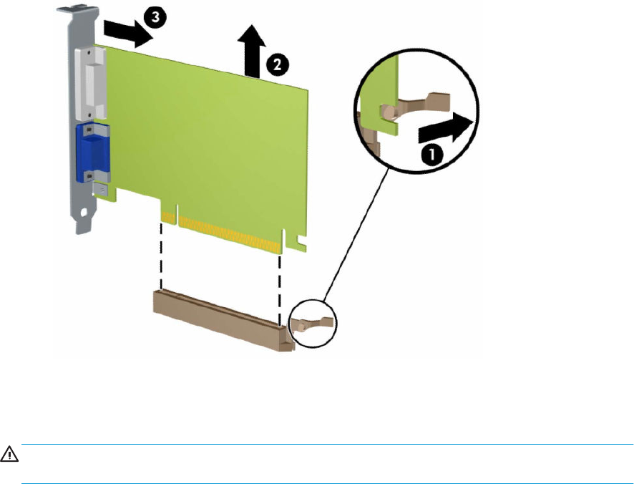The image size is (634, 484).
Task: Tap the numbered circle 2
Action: [x=278, y=64]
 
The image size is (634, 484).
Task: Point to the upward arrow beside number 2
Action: [x=251, y=50]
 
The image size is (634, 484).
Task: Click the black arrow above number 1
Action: [x=445, y=127]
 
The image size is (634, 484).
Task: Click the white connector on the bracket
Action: [x=91, y=83]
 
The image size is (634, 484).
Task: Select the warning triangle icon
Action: [x=9, y=454]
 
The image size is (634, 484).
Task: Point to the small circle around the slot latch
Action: [x=313, y=324]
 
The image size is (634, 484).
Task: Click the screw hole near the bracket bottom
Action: [x=84, y=212]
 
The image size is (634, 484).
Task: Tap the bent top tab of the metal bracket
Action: [x=77, y=10]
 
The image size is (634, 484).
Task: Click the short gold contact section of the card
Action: [x=169, y=218]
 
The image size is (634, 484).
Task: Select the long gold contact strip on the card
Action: [x=230, y=234]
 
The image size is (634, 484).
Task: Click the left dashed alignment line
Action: [x=161, y=256]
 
